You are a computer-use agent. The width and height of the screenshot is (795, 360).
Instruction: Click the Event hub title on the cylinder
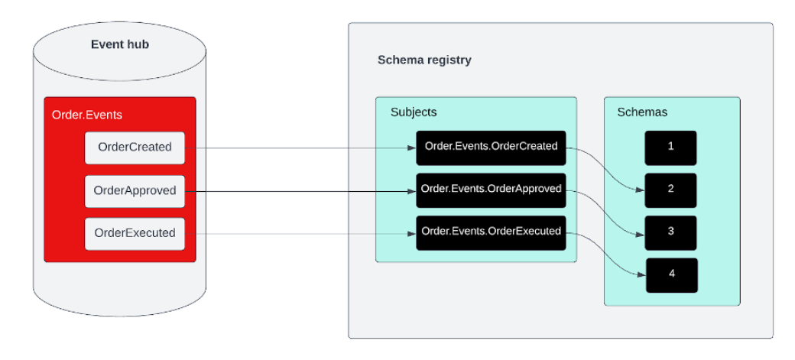pyautogui.click(x=120, y=44)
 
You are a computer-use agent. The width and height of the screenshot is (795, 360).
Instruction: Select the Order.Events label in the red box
pyautogui.click(x=86, y=115)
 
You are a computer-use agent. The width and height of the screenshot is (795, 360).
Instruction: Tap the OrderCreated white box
pyautogui.click(x=135, y=148)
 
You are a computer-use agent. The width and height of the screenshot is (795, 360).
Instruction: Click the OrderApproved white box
pyautogui.click(x=135, y=190)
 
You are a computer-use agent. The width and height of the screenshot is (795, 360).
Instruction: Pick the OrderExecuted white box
pyautogui.click(x=135, y=232)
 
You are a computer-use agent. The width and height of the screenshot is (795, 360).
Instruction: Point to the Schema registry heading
pyautogui.click(x=424, y=60)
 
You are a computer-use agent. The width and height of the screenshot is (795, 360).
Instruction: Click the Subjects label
pyautogui.click(x=414, y=112)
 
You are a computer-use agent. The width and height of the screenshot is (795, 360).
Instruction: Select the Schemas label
pyautogui.click(x=642, y=112)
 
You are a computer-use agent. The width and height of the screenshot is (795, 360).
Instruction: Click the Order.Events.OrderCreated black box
pyautogui.click(x=491, y=147)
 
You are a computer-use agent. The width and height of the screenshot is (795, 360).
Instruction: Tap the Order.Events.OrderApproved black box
pyautogui.click(x=491, y=190)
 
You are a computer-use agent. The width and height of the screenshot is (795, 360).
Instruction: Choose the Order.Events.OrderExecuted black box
pyautogui.click(x=491, y=232)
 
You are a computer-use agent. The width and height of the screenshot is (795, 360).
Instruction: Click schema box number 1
pyautogui.click(x=670, y=147)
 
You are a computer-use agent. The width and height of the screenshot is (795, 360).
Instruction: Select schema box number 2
pyautogui.click(x=670, y=190)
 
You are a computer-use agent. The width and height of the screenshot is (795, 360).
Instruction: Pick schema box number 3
pyautogui.click(x=670, y=232)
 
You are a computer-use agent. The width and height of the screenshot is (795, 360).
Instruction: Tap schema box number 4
pyautogui.click(x=672, y=274)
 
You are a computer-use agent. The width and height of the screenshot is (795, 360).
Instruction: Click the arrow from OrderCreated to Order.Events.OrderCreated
pyautogui.click(x=306, y=148)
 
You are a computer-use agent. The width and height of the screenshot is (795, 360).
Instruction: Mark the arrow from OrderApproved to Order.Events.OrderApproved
pyautogui.click(x=306, y=193)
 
